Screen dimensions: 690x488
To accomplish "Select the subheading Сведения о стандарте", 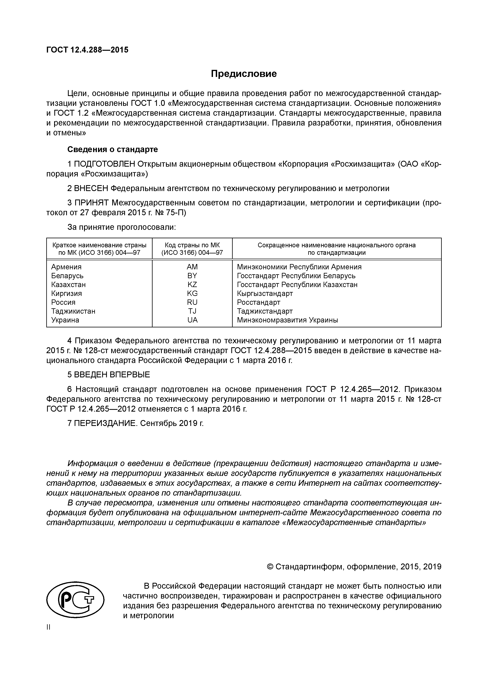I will tap(112, 149).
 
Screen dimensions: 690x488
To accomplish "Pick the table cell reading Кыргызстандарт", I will tap(265, 293).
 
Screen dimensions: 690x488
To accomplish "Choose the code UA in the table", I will tap(193, 320).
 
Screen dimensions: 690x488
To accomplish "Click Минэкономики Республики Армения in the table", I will tap(299, 267).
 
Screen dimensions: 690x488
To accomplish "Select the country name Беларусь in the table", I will tap(67, 276).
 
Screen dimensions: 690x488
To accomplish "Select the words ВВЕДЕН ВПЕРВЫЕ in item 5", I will tap(112, 375).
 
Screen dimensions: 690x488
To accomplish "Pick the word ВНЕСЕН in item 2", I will tap(91, 188).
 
